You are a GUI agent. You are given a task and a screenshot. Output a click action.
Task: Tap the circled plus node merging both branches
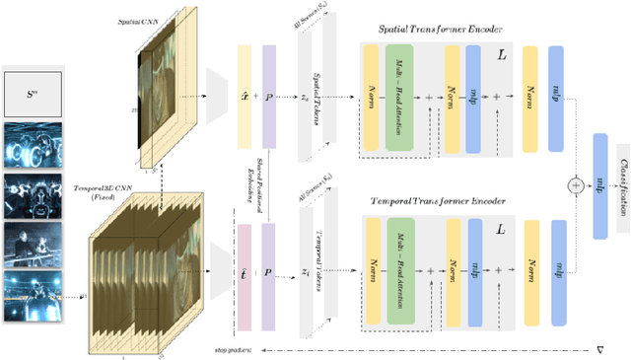tap(574, 184)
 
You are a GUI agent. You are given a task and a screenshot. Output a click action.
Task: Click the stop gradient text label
tap(233, 350)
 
